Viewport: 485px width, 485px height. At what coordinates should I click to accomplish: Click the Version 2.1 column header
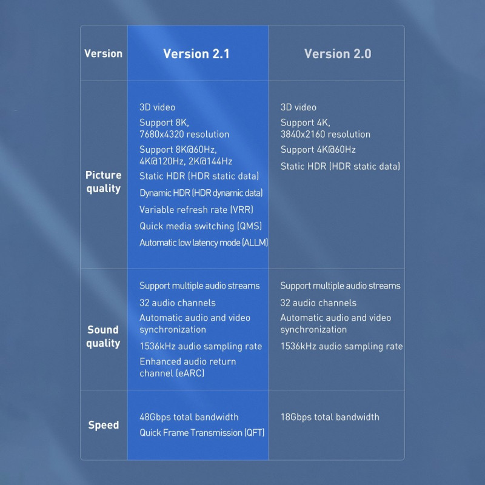pyautogui.click(x=196, y=53)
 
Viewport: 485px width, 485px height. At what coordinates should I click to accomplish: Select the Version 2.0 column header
pyautogui.click(x=338, y=53)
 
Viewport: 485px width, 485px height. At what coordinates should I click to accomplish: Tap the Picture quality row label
pyautogui.click(x=103, y=181)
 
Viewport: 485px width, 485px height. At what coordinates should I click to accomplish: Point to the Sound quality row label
pyautogui.click(x=103, y=336)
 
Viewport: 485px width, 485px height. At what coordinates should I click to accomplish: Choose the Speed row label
pyautogui.click(x=103, y=424)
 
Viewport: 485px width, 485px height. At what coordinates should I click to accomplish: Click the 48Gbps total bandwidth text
pyautogui.click(x=189, y=416)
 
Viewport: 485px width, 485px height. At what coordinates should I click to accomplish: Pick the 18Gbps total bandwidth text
pyautogui.click(x=330, y=416)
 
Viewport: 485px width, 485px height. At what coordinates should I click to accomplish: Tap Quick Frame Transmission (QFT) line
pyautogui.click(x=202, y=432)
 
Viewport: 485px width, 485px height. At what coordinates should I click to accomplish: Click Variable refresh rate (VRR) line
pyautogui.click(x=196, y=209)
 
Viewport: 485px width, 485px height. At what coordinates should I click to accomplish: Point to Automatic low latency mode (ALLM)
pyautogui.click(x=203, y=242)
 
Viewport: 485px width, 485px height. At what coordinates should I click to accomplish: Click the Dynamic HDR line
pyautogui.click(x=201, y=193)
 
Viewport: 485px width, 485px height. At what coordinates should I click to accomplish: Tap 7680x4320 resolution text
pyautogui.click(x=184, y=134)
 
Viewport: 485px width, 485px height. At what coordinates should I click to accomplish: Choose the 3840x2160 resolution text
pyautogui.click(x=325, y=134)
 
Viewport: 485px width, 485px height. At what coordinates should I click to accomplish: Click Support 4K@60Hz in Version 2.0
pyautogui.click(x=318, y=150)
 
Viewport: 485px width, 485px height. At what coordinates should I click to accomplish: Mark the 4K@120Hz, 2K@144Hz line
pyautogui.click(x=186, y=161)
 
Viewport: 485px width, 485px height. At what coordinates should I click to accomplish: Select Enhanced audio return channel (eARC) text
pyautogui.click(x=187, y=367)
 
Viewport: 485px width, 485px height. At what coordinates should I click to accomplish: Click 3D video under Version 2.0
pyautogui.click(x=298, y=107)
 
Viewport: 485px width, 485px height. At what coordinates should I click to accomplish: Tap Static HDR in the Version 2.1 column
pyautogui.click(x=199, y=176)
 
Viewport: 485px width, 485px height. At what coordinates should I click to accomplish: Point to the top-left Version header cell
pyautogui.click(x=103, y=53)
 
